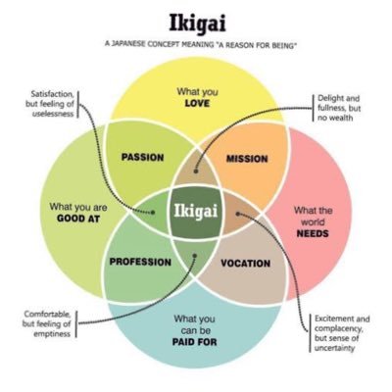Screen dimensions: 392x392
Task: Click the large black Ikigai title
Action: pos(198,24)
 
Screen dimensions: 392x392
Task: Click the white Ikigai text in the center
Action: pos(196,211)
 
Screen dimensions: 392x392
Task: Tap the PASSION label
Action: pos(142,157)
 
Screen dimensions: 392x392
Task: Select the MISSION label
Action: pos(247,159)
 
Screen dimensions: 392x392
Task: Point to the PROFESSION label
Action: pos(140,262)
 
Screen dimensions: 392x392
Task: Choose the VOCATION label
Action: pos(246,264)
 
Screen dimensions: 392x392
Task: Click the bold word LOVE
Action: pos(197,104)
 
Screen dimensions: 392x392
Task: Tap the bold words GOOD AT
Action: pos(78,219)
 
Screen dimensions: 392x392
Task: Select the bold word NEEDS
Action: pos(313,233)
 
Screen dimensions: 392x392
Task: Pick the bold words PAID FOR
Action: pos(195,342)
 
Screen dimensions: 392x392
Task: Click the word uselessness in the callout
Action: pos(53,114)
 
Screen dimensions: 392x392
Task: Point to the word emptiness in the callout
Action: pos(52,334)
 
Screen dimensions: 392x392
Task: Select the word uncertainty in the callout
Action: pos(334,348)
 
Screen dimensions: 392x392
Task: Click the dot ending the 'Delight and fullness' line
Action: pos(196,171)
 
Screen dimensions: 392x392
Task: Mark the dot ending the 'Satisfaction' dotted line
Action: pos(153,213)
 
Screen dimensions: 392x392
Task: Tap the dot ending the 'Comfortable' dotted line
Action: pos(195,256)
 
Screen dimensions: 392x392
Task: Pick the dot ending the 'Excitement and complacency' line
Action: pos(238,214)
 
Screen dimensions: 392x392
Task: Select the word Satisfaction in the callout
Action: pos(53,94)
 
